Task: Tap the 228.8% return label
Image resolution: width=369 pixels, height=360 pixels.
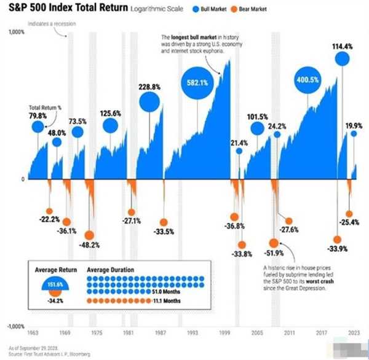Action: (149, 87)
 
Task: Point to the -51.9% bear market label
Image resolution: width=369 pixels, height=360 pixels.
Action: (273, 235)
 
